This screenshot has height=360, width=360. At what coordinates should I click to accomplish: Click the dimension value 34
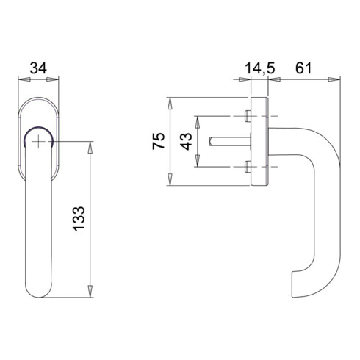click(x=38, y=68)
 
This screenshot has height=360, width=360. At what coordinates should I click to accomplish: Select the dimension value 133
click(x=79, y=219)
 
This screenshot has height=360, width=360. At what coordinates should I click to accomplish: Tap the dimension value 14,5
click(x=260, y=68)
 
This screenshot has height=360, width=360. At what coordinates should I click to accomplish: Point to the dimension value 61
click(x=303, y=68)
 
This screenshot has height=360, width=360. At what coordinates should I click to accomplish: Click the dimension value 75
click(x=159, y=141)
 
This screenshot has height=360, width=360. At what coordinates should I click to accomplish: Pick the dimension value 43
click(x=186, y=141)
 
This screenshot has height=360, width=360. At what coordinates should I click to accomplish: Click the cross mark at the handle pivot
click(x=38, y=142)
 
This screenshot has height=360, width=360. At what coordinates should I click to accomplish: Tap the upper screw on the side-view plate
click(x=248, y=116)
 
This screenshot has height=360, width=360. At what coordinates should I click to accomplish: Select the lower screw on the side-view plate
click(x=248, y=167)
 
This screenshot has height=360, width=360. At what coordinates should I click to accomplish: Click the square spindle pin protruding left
click(x=230, y=142)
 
